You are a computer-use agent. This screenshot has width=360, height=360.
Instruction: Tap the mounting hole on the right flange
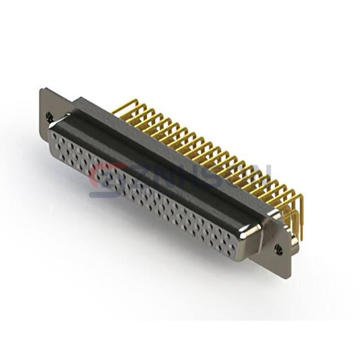coord(278,247)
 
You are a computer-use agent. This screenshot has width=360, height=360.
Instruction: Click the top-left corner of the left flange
coord(41,90)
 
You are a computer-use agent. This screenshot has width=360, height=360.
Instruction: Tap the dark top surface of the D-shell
coord(156,156)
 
